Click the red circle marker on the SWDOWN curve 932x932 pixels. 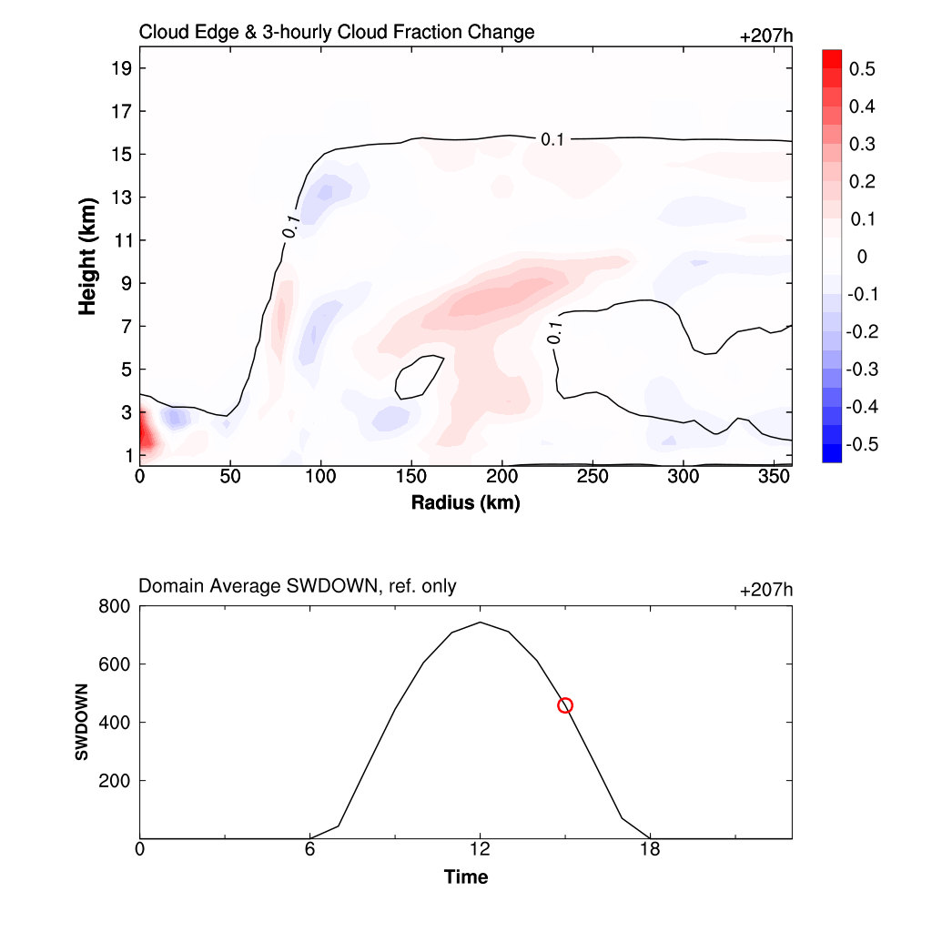point(565,705)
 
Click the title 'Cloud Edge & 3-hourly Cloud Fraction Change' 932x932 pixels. point(336,33)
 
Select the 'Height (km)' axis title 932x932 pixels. point(87,256)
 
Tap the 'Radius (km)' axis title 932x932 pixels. point(465,502)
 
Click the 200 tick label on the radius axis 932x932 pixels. point(501,476)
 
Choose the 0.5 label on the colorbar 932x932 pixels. point(862,69)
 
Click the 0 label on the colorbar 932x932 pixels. point(862,257)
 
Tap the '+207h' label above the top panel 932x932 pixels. point(766,36)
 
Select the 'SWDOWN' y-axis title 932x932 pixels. point(82,722)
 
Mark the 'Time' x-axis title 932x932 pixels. point(465,877)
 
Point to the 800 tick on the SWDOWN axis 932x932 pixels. point(116,606)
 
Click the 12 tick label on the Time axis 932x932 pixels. point(480,849)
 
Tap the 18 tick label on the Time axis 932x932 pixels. point(650,849)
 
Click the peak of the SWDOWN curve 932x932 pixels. point(480,623)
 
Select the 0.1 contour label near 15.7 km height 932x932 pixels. point(552,139)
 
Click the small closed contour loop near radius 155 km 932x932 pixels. point(419,377)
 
